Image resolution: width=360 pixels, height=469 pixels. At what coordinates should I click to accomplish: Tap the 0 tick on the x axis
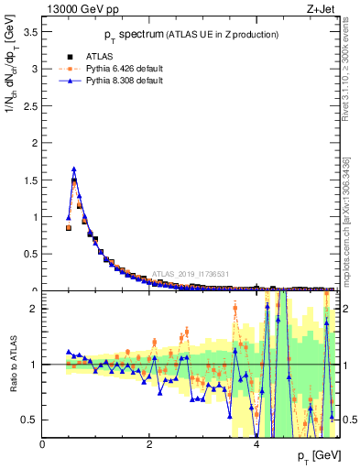[x=42, y=444]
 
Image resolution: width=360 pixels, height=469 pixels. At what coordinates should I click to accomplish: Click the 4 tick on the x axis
[x=256, y=444]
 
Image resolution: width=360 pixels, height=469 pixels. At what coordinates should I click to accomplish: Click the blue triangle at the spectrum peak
[x=73, y=169]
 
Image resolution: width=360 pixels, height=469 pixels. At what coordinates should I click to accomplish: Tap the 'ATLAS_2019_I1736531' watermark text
[x=190, y=274]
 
